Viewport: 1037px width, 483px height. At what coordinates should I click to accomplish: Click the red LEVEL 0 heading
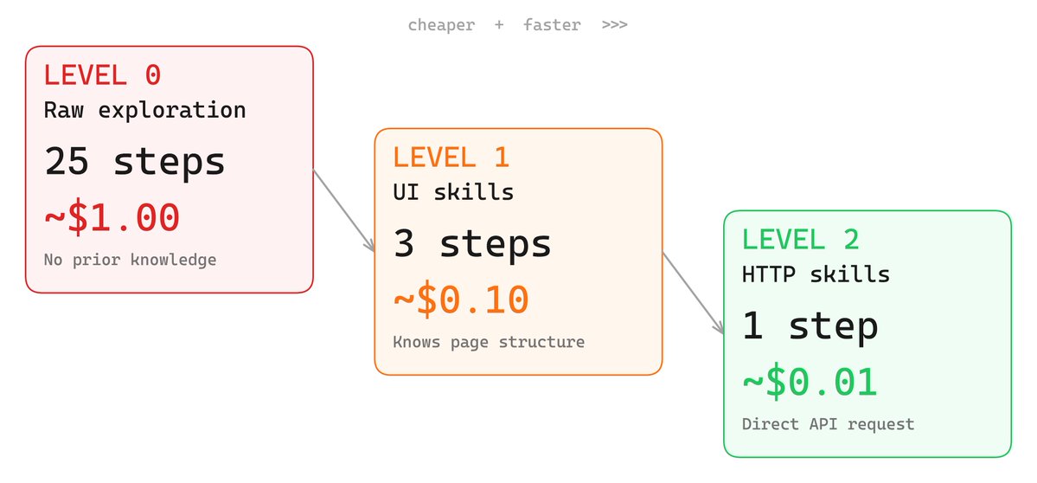click(102, 75)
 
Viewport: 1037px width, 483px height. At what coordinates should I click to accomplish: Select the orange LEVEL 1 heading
click(451, 158)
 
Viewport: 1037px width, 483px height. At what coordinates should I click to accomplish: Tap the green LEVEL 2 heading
click(801, 240)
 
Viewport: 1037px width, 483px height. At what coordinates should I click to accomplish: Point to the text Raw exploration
click(144, 111)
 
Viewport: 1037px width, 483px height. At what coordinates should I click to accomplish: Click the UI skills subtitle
click(453, 192)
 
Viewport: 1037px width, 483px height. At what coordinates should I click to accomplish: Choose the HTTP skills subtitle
click(816, 274)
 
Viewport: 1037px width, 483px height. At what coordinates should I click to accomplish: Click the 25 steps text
click(134, 162)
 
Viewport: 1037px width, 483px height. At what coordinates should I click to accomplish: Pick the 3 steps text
click(472, 243)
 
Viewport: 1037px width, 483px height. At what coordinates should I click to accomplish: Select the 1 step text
click(810, 326)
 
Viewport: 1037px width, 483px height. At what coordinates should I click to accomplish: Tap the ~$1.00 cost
click(112, 217)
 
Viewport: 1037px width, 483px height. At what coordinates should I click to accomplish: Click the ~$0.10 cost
click(461, 299)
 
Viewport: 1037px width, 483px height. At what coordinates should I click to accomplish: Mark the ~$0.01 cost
click(810, 382)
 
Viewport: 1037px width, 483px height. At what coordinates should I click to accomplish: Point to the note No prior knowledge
click(130, 260)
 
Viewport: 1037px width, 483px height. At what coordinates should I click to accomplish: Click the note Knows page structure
click(489, 342)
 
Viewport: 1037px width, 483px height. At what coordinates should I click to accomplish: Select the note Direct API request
click(828, 424)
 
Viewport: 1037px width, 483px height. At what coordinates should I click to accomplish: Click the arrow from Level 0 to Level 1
click(343, 211)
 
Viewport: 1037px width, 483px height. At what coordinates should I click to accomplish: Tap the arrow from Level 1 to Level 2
click(693, 293)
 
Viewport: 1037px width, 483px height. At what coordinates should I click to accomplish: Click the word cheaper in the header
click(441, 25)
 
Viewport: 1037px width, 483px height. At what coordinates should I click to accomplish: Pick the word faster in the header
click(552, 25)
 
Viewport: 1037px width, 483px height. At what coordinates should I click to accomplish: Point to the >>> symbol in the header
click(614, 25)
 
